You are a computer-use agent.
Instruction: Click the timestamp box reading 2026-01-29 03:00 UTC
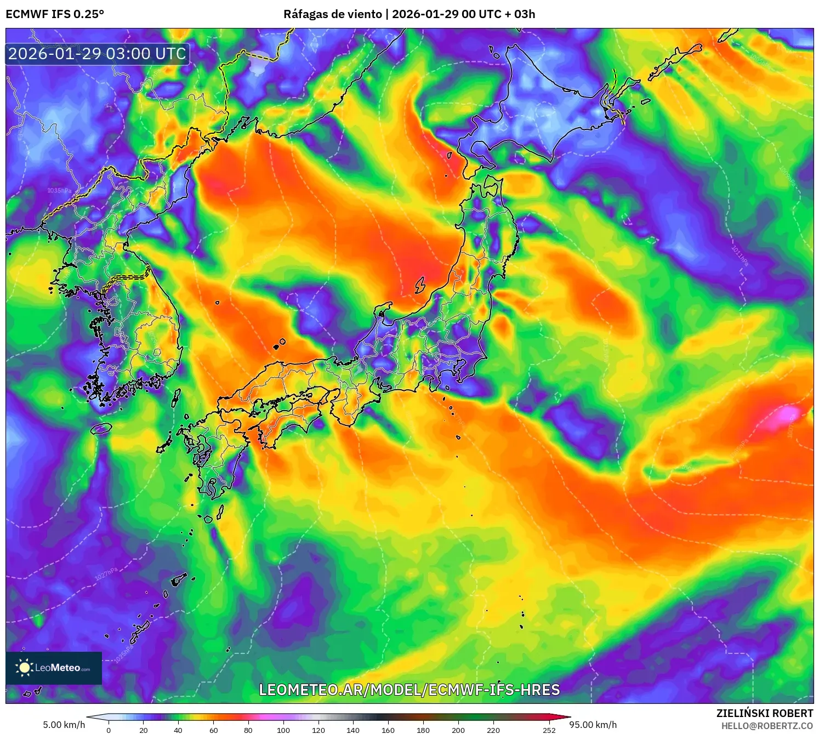(98, 54)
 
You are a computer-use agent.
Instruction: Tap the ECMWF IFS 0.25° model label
(55, 14)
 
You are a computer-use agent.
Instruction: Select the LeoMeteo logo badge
(54, 668)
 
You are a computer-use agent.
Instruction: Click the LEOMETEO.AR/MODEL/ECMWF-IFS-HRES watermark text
(409, 690)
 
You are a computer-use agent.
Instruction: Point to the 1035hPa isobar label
(59, 191)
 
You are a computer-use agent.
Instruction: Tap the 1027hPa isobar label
(106, 574)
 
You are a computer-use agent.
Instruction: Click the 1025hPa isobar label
(124, 653)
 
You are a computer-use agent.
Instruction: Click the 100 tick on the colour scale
(283, 730)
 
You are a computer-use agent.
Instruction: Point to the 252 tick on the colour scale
(549, 730)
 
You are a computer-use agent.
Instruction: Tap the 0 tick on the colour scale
(109, 730)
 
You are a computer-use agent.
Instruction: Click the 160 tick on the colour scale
(388, 730)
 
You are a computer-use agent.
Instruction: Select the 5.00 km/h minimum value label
(64, 725)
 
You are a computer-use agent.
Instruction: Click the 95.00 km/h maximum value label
(593, 725)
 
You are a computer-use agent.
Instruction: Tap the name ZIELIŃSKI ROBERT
(765, 713)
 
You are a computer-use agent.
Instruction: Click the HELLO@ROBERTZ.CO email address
(767, 726)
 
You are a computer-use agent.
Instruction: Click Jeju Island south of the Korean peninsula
(101, 428)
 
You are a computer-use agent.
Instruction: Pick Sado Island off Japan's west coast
(420, 285)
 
